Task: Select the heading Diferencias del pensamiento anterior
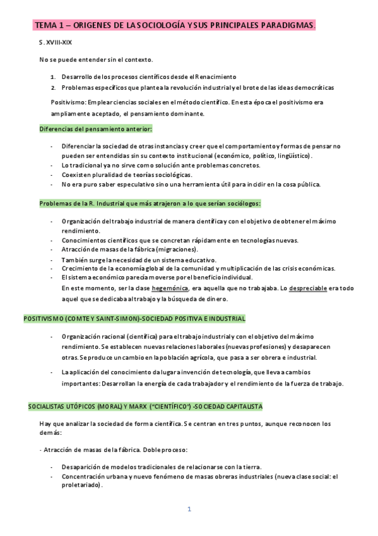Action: click(96, 129)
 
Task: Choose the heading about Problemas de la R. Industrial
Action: click(150, 204)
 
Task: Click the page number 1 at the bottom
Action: click(189, 509)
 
